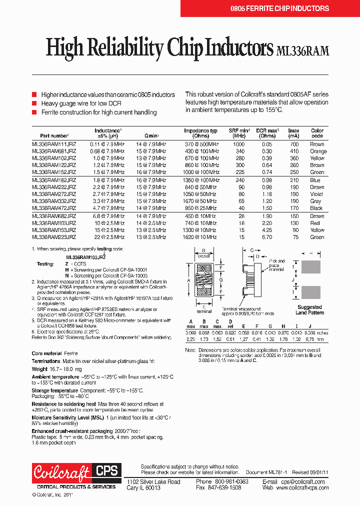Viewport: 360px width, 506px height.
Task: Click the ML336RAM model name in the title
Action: (x=302, y=50)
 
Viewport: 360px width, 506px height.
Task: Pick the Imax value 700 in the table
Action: (x=293, y=144)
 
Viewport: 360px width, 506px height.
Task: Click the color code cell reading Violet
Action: (x=317, y=194)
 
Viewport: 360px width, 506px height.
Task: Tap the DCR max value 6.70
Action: (x=267, y=237)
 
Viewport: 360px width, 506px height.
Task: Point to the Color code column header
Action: (x=317, y=133)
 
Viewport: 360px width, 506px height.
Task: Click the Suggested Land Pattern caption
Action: (x=309, y=310)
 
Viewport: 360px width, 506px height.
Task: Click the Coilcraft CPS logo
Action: (x=75, y=472)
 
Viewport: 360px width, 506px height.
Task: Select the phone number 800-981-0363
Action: (x=231, y=481)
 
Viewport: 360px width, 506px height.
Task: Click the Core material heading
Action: (x=47, y=353)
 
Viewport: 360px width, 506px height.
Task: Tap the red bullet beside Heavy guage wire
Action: (x=34, y=103)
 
